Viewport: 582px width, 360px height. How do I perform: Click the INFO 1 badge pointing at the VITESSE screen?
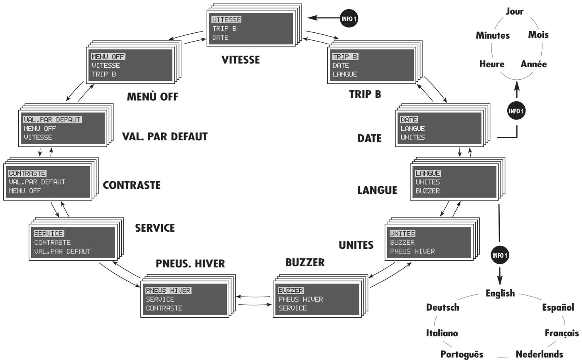tap(349, 18)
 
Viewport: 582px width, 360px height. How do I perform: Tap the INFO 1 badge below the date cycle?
tap(516, 110)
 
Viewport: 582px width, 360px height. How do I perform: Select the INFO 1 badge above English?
tap(500, 255)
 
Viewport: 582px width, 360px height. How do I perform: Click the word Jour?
tap(514, 12)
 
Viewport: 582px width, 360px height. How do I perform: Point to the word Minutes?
tap(493, 35)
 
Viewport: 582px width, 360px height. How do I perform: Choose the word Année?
tap(534, 64)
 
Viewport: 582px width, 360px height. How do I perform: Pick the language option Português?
tap(462, 354)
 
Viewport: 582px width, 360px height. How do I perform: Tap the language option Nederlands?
tap(539, 354)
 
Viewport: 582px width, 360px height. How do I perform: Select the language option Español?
tap(558, 308)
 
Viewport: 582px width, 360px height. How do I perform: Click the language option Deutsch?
tap(442, 307)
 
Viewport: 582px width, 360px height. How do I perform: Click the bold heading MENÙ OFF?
tap(152, 97)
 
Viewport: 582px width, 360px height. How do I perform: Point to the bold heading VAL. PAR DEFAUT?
tap(165, 136)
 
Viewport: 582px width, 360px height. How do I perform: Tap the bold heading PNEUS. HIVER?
tap(190, 264)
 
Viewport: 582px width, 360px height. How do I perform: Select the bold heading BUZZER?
tap(305, 262)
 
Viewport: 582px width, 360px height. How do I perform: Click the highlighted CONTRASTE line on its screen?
tap(27, 173)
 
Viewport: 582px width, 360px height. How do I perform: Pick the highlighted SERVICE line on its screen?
tap(49, 234)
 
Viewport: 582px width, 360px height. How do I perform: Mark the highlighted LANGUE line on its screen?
tap(427, 173)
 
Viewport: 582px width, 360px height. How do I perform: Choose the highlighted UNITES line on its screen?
tap(402, 233)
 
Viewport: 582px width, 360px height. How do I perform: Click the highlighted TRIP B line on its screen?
tap(345, 56)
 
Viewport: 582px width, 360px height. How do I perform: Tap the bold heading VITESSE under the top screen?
tap(241, 60)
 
